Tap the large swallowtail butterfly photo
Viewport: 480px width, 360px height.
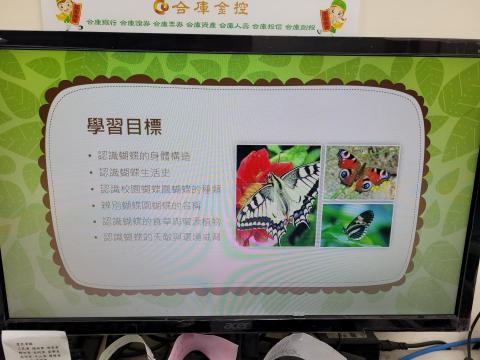(x=278, y=196)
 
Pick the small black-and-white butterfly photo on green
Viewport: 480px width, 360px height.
(x=357, y=224)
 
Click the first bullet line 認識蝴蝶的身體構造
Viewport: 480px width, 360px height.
(x=144, y=157)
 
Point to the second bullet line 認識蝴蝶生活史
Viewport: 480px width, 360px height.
(x=135, y=172)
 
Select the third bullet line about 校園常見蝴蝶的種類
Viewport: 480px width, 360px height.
(x=160, y=188)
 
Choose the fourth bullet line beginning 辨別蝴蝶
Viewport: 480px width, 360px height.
(x=151, y=204)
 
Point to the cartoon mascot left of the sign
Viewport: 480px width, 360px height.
(x=68, y=13)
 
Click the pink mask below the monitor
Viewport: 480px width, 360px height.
(x=205, y=347)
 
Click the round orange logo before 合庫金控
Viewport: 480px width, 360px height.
(x=161, y=7)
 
